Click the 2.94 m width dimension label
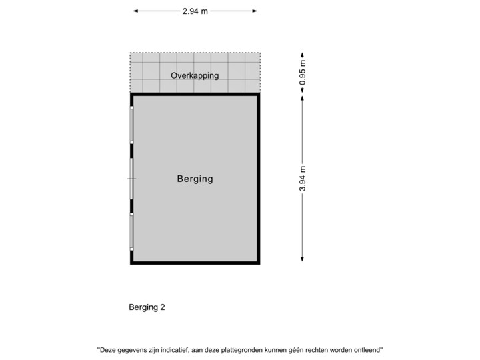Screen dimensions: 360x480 pyautogui.click(x=195, y=11)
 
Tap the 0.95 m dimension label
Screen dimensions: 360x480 pyautogui.click(x=302, y=73)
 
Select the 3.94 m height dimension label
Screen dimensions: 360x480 pyautogui.click(x=302, y=179)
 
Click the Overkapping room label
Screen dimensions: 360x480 pyautogui.click(x=195, y=75)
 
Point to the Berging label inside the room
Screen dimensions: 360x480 pyautogui.click(x=195, y=179)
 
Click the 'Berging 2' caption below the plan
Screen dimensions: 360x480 pyautogui.click(x=147, y=307)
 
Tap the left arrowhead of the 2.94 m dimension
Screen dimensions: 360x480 pyautogui.click(x=135, y=11)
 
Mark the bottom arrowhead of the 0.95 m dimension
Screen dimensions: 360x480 pyautogui.click(x=302, y=91)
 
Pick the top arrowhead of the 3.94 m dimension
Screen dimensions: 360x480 pyautogui.click(x=302, y=97)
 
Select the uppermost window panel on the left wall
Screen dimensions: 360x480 pyautogui.click(x=132, y=125)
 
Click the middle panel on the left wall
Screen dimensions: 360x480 pyautogui.click(x=132, y=179)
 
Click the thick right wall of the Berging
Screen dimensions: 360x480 pyautogui.click(x=259, y=179)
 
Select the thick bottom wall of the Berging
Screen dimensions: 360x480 pyautogui.click(x=195, y=263)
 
